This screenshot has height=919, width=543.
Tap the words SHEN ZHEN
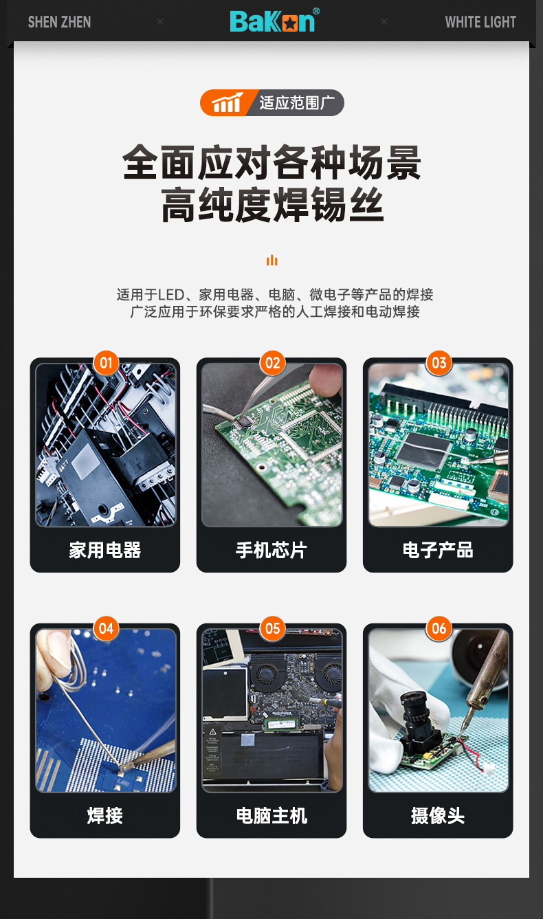(60, 22)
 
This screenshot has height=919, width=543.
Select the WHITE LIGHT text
(480, 22)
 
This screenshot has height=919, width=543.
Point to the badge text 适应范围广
(297, 102)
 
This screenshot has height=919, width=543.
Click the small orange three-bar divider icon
(272, 260)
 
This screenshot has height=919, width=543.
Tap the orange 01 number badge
(107, 363)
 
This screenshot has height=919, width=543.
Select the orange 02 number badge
(273, 363)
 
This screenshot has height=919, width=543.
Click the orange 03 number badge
(439, 363)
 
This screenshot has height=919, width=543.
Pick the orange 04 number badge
(107, 628)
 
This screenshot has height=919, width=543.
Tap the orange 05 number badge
(273, 628)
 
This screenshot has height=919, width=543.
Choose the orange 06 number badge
(439, 628)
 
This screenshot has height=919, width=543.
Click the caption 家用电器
(105, 550)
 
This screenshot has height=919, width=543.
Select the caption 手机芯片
(271, 550)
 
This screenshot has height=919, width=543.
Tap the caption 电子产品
(438, 550)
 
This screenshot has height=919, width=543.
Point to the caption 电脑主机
(271, 816)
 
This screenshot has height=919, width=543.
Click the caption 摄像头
(438, 816)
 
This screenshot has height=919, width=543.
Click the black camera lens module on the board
(418, 722)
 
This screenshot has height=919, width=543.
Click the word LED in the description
(171, 295)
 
